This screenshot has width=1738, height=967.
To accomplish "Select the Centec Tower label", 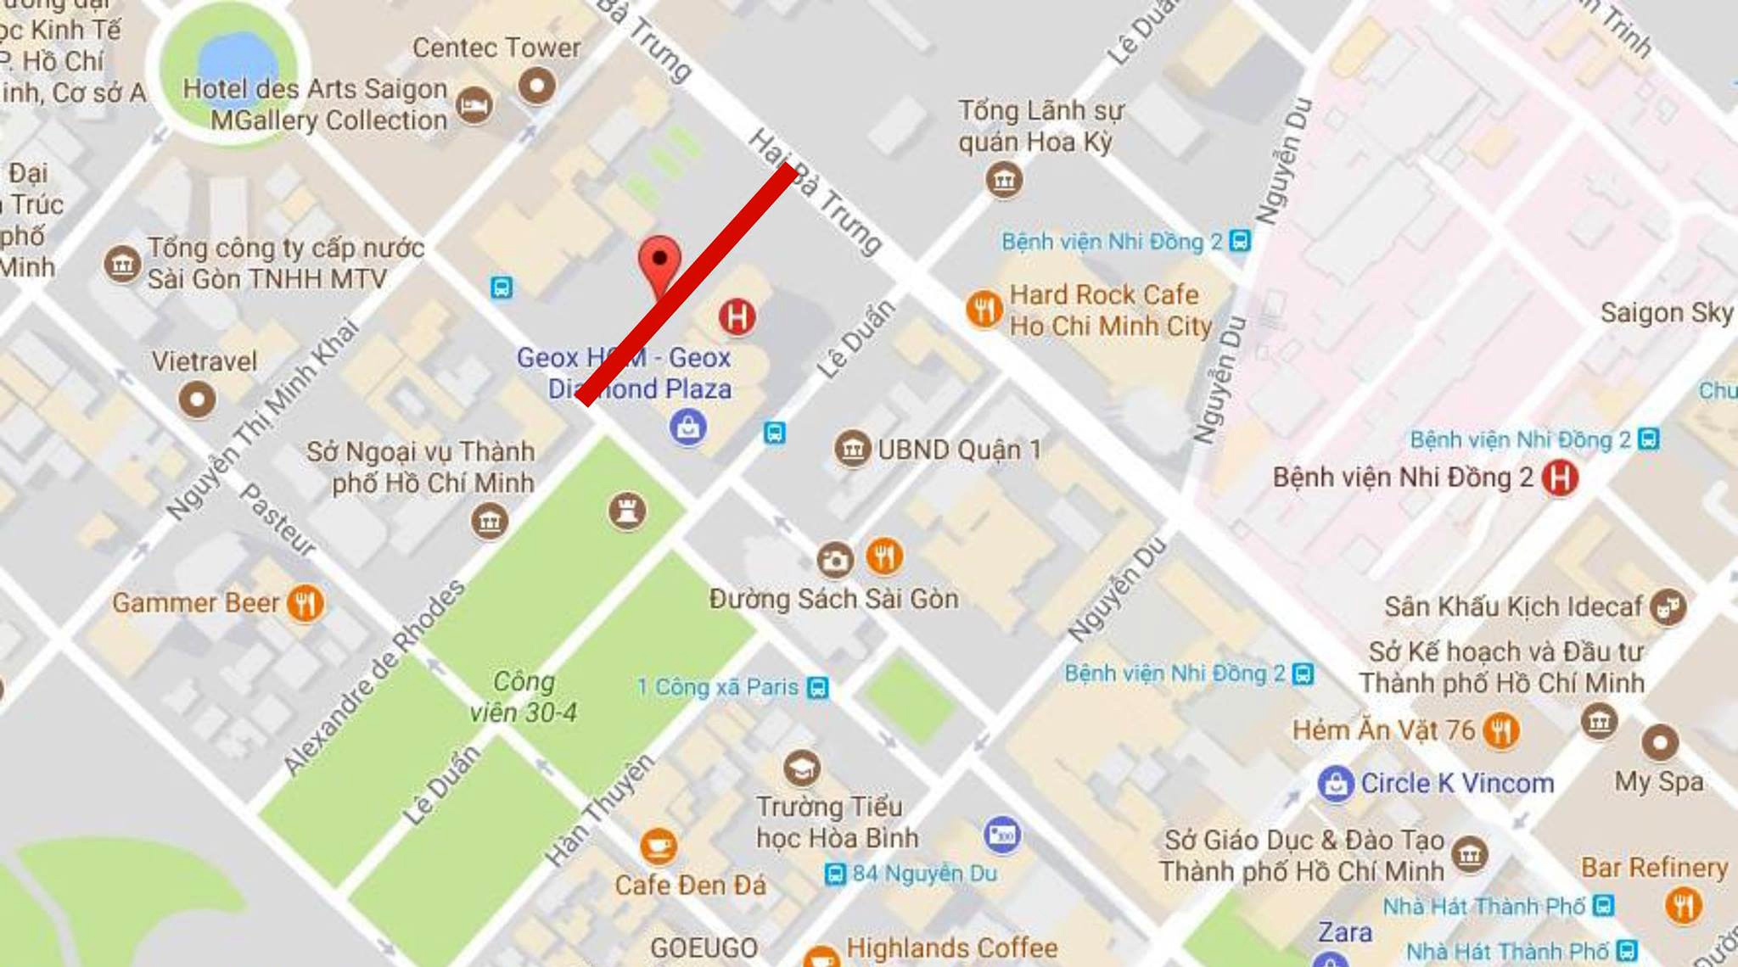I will [x=496, y=48].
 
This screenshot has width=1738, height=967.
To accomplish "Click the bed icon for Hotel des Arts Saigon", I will [x=474, y=106].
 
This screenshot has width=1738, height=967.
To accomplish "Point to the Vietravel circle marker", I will [x=197, y=399].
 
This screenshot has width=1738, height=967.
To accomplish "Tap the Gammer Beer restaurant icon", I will [x=305, y=603].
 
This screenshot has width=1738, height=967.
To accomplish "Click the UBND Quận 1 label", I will [x=959, y=450].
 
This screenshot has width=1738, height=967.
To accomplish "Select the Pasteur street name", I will [x=278, y=520].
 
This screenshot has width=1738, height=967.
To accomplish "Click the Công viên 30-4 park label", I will [x=524, y=696].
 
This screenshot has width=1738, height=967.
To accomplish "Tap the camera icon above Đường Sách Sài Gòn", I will [x=834, y=559].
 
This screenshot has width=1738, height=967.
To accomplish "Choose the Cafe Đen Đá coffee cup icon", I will [x=658, y=846].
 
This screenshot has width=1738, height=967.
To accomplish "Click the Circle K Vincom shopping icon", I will [x=1335, y=783].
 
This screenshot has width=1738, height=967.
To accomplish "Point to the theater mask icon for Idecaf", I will [x=1668, y=606].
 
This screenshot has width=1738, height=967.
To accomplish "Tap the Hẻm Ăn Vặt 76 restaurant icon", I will [x=1500, y=730].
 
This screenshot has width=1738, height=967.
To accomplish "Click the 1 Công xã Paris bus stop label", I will [x=718, y=687].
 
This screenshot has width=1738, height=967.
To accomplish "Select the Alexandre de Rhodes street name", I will [x=374, y=677].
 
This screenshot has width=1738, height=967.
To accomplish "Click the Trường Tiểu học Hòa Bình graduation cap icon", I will [x=800, y=769].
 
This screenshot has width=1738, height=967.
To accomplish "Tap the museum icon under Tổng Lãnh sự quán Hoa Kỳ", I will [x=1004, y=180].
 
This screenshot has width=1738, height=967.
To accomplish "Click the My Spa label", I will [x=1659, y=781].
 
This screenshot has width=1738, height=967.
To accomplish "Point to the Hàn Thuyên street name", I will [x=599, y=810].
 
